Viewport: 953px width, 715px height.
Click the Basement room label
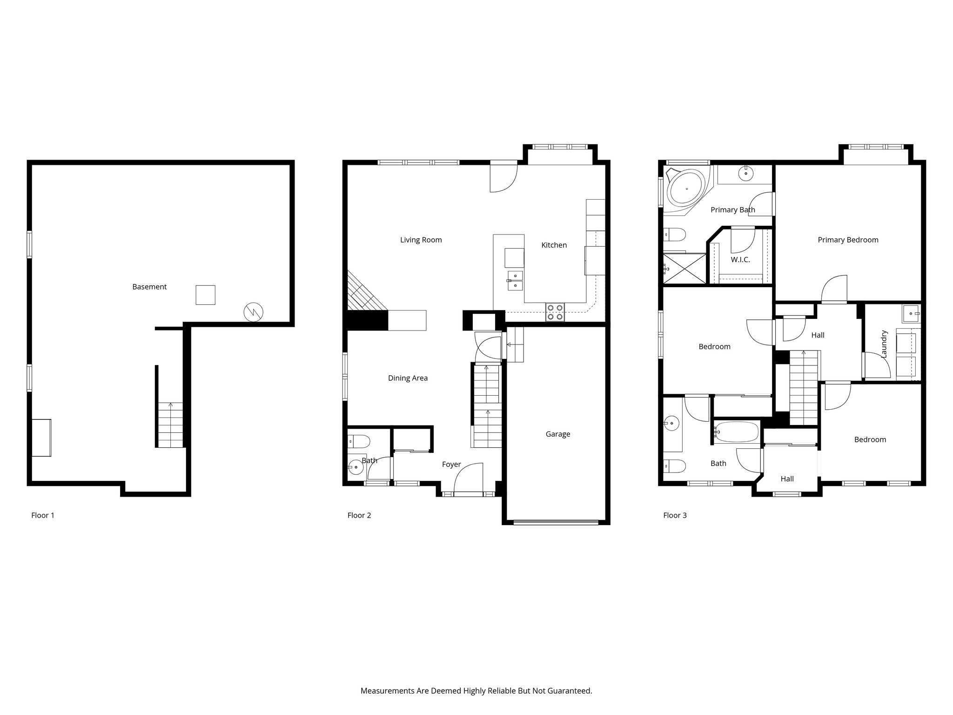(x=149, y=287)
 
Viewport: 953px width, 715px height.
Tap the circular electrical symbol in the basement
(x=254, y=312)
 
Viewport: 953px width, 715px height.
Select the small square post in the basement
(x=205, y=295)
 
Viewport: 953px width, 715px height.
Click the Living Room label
(x=421, y=240)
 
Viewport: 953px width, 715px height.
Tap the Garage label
(x=557, y=434)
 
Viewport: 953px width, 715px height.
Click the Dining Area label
(x=408, y=378)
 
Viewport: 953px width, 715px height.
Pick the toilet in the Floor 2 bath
(x=359, y=440)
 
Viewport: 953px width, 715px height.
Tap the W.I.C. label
(x=740, y=259)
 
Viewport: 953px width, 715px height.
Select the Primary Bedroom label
(x=848, y=240)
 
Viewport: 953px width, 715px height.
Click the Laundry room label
(x=884, y=344)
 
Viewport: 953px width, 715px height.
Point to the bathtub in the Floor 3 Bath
(x=736, y=432)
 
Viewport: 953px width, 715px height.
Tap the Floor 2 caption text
(x=359, y=515)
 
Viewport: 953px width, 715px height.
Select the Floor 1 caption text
(x=43, y=515)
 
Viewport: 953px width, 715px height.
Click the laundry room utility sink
(x=911, y=314)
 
